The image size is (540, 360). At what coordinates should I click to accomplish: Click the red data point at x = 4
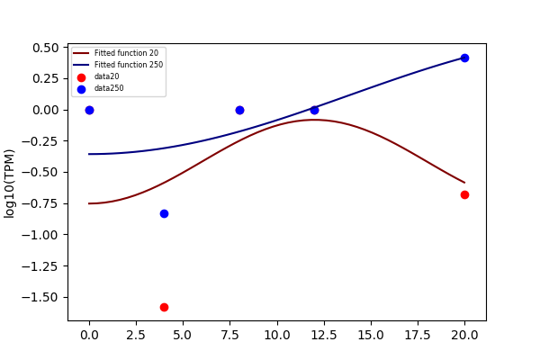(x=165, y=307)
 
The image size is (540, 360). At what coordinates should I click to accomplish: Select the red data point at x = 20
(x=464, y=195)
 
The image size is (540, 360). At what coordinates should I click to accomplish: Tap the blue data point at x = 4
(x=165, y=214)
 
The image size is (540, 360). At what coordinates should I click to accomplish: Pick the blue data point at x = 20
(x=464, y=58)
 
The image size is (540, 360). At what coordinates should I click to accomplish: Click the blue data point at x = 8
(x=239, y=110)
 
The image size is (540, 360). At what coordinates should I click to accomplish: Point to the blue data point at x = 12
(x=314, y=110)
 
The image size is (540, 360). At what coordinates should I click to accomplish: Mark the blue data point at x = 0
(x=89, y=110)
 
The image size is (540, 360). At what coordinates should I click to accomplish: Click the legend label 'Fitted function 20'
(x=126, y=53)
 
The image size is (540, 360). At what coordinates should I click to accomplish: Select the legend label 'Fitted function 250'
(x=129, y=65)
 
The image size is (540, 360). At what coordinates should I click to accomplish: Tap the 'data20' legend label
(x=107, y=76)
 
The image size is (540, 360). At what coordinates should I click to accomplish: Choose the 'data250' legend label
(x=109, y=88)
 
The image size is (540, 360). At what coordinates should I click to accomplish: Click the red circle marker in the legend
(x=81, y=78)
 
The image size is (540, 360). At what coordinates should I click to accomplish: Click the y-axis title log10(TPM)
(x=9, y=184)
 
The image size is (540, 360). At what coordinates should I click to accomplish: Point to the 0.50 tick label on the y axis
(x=46, y=48)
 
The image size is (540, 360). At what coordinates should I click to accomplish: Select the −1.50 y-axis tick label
(x=40, y=297)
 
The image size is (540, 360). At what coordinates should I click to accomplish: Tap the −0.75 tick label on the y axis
(x=40, y=203)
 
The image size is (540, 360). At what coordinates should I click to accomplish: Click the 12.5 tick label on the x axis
(x=324, y=335)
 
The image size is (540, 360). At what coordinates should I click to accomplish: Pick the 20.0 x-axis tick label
(x=464, y=335)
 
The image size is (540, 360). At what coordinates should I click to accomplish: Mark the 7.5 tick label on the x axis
(x=230, y=335)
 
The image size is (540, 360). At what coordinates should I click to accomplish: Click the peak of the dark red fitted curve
(x=314, y=120)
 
